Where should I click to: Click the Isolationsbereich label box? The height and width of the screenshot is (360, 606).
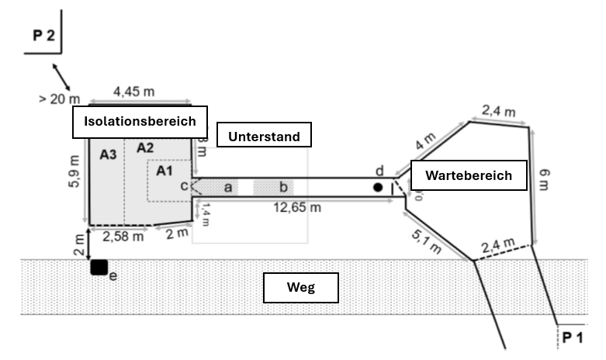coord(140,122)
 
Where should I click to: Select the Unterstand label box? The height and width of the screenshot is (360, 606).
coord(264,137)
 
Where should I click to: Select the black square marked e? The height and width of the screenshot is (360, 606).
coord(99,267)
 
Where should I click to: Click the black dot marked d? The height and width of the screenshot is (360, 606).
coord(378,187)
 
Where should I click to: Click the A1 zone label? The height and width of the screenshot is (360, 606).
coord(164,171)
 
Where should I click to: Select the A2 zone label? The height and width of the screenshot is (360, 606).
coord(145,148)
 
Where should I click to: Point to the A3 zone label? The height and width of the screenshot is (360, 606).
coord(108,155)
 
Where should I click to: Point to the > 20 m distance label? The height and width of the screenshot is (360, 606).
coord(58,99)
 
